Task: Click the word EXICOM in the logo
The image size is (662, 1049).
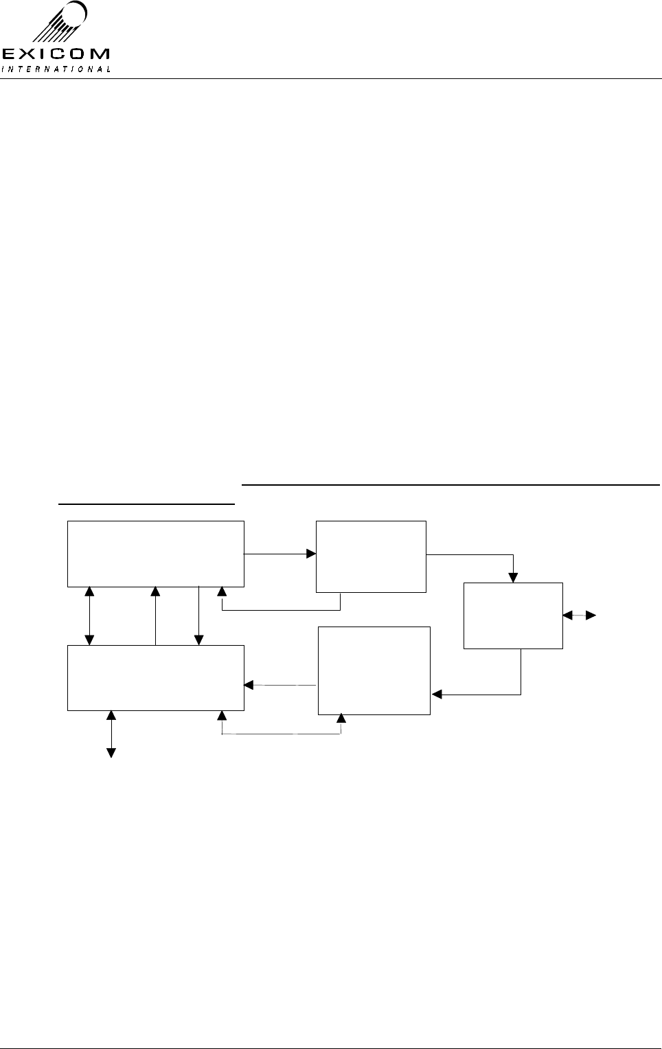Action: tap(56, 54)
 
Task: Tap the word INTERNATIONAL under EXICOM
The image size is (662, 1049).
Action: tap(56, 69)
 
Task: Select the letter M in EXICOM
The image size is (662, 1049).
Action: tap(98, 54)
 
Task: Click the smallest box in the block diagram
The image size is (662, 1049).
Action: tap(513, 616)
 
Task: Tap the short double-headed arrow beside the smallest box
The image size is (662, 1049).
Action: tap(578, 616)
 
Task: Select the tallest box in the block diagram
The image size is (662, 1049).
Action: tap(374, 670)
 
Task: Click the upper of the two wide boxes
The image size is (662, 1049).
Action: tap(156, 554)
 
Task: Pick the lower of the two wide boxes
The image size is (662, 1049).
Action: tap(156, 677)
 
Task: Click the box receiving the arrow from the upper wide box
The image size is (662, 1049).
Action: tap(371, 556)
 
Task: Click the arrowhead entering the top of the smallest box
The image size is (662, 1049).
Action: tap(513, 578)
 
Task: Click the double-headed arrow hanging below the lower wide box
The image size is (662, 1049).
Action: tap(111, 734)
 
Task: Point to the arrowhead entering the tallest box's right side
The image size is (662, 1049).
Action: tap(436, 695)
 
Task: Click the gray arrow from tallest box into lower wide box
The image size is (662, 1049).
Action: tap(280, 685)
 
